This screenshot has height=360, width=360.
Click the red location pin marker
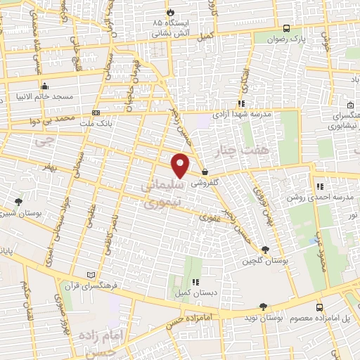click(x=181, y=165)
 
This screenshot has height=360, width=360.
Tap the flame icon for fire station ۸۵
click(x=170, y=13)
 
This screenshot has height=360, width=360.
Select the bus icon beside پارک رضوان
click(x=286, y=28)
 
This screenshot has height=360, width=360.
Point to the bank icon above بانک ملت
click(x=96, y=112)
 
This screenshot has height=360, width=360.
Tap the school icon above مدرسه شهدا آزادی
click(x=241, y=103)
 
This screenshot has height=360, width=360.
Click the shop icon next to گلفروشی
click(x=205, y=172)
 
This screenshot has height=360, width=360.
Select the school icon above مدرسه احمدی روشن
click(x=320, y=186)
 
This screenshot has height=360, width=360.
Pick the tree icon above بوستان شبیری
click(x=18, y=202)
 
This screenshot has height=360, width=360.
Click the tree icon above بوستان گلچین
click(x=265, y=250)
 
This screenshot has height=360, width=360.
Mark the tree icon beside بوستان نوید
click(x=262, y=307)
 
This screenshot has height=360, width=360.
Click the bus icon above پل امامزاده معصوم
click(x=320, y=307)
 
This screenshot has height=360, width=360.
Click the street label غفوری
click(x=209, y=218)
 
